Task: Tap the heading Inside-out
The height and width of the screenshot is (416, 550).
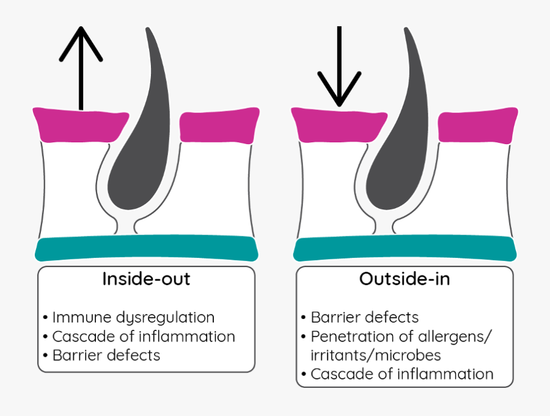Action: click(x=146, y=279)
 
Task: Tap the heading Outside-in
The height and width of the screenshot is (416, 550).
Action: click(x=404, y=279)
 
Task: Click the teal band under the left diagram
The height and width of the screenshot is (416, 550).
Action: click(x=146, y=249)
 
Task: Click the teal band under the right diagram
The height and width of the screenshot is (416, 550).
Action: click(x=405, y=249)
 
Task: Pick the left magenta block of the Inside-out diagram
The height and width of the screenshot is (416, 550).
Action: click(x=79, y=124)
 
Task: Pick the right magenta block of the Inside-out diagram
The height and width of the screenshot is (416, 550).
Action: click(x=219, y=125)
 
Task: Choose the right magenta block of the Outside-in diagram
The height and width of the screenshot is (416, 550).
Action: click(x=477, y=125)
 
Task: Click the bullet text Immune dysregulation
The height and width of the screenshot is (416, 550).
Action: click(x=133, y=318)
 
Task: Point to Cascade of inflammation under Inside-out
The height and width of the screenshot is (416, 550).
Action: click(x=143, y=337)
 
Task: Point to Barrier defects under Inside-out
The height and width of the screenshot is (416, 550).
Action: click(x=106, y=356)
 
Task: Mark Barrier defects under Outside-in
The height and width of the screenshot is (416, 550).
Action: click(x=364, y=318)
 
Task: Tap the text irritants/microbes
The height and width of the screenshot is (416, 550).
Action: click(x=376, y=356)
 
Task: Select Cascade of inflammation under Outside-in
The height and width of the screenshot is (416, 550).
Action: click(x=402, y=374)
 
